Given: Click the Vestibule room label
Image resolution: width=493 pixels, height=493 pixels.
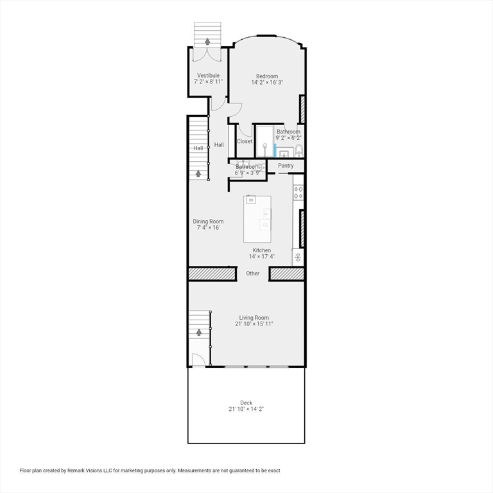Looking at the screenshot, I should [x=208, y=75].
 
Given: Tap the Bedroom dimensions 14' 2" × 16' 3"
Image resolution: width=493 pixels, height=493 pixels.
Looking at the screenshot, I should [x=268, y=83].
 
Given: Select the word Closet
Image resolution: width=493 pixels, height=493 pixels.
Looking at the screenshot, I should [x=245, y=141].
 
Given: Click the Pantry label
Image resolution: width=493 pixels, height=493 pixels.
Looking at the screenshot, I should [x=286, y=166].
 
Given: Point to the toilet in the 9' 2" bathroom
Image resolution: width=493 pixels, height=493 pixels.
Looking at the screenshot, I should [x=298, y=151].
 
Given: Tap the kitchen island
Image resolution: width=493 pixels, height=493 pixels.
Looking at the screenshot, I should [x=257, y=219].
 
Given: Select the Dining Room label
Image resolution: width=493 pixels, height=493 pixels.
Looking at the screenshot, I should [x=208, y=221].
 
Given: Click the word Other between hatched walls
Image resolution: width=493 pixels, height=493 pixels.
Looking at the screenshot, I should [x=253, y=273].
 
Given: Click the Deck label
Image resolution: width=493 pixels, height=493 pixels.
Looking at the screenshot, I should [x=246, y=403].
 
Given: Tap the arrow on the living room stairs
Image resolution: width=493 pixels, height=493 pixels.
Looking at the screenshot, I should [x=199, y=332].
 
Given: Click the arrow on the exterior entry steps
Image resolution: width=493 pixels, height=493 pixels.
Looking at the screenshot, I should [x=207, y=42].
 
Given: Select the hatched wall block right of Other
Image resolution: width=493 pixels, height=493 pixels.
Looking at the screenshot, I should [x=286, y=274].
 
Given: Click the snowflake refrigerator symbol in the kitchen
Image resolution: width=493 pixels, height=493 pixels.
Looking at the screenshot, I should [x=298, y=258].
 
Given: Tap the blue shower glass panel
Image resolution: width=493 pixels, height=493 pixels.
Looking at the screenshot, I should [x=275, y=150].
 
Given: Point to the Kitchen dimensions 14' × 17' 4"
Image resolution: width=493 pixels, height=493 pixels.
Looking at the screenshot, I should [x=261, y=257].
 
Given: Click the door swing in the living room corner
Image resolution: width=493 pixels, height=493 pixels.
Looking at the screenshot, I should [x=200, y=361].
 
